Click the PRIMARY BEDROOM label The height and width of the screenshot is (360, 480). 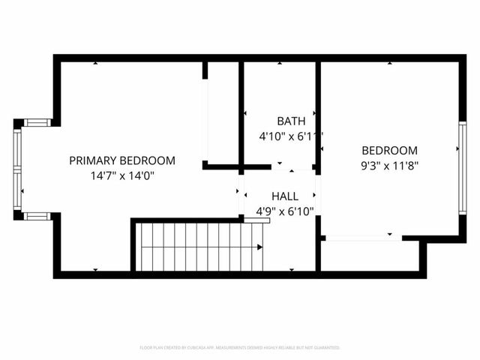[x=122, y=160]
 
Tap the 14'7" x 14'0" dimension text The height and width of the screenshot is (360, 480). [x=122, y=176]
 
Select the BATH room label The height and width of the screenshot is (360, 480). [x=291, y=121]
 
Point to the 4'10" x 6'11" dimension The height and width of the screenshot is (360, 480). [x=291, y=136]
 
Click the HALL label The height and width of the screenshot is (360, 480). [x=285, y=196]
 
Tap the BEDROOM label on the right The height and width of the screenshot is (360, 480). [x=389, y=150]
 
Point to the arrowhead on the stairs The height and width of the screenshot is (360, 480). [x=259, y=247]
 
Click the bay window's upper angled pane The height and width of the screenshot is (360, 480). [x=37, y=122]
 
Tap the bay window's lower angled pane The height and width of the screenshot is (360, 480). [x=37, y=216]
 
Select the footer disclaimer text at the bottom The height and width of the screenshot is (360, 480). [x=240, y=348]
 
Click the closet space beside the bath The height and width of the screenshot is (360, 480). [x=223, y=112]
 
